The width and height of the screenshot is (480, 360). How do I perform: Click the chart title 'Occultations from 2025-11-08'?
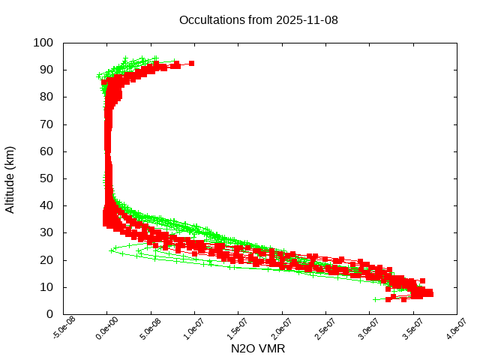(258, 20)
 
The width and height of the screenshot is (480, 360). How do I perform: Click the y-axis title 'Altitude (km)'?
(10, 179)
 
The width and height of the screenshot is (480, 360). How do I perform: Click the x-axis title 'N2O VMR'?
(258, 349)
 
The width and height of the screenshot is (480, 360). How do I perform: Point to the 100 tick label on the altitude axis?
(43, 43)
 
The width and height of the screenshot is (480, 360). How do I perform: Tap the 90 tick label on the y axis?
(46, 70)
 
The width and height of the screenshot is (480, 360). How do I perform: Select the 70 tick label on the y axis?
(46, 124)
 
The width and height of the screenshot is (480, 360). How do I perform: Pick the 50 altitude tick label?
(46, 178)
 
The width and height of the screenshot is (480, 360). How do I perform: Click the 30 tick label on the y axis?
(46, 232)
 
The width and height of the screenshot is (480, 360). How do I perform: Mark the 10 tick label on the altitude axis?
(46, 287)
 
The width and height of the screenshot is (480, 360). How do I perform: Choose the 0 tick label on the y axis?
(49, 314)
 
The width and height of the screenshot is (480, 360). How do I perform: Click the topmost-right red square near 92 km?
(191, 64)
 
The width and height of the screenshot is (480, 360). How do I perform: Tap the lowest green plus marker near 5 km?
(376, 299)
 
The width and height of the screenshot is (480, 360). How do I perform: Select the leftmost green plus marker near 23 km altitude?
(112, 250)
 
